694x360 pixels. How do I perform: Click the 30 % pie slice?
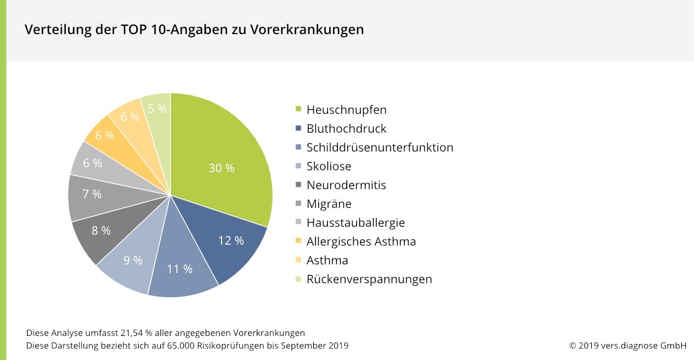[222, 168]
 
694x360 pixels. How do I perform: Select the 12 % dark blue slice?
[231, 240]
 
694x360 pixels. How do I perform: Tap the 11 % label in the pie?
[180, 269]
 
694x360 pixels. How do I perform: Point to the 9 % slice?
[133, 260]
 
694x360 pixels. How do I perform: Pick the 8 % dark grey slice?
[101, 231]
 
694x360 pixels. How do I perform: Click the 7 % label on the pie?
[92, 194]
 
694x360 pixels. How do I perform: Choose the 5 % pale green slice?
[157, 109]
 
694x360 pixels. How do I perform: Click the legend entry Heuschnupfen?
[346, 110]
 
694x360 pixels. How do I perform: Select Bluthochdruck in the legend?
[346, 129]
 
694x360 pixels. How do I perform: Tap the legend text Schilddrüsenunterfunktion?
[380, 147]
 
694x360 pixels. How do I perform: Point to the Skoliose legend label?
[328, 166]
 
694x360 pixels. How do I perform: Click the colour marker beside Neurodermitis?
[298, 185]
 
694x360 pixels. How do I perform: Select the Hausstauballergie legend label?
[356, 223]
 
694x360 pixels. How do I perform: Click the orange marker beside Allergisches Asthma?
[298, 241]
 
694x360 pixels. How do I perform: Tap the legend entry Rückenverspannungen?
[369, 279]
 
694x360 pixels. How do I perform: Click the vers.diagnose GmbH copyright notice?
[628, 345]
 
